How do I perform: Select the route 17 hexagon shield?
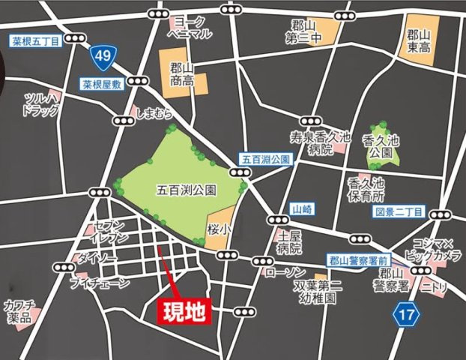pyautogui.click(x=405, y=315)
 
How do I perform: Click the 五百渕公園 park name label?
pyautogui.click(x=187, y=190)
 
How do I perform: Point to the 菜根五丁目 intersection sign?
pyautogui.click(x=35, y=42)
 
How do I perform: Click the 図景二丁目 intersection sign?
pyautogui.click(x=399, y=212)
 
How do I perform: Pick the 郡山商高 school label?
pyautogui.click(x=183, y=73)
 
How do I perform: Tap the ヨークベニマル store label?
pyautogui.click(x=192, y=27)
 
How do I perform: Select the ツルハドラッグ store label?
pyautogui.click(x=41, y=106)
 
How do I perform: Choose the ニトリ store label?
pyautogui.click(x=433, y=286)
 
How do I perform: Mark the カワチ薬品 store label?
pyautogui.click(x=19, y=312)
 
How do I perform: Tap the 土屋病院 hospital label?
pyautogui.click(x=289, y=241)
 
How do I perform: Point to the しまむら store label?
pyautogui.click(x=155, y=114)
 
